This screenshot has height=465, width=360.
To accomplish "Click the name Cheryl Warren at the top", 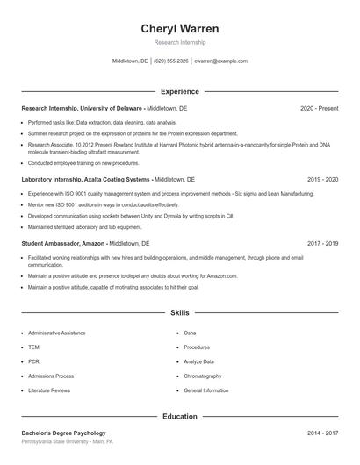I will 180,29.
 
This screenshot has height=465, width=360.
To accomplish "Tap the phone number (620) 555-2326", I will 171,61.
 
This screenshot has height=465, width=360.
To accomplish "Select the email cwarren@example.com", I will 220,61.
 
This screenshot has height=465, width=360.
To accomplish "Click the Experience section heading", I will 180,91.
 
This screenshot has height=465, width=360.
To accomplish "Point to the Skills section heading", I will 180,312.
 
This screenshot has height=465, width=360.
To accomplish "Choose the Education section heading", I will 180,416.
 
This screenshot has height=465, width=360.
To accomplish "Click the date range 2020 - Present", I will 319,108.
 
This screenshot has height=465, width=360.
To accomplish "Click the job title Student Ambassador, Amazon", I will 63,243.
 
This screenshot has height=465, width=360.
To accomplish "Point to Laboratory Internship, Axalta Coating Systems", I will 86,179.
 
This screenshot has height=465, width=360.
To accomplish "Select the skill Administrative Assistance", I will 56,333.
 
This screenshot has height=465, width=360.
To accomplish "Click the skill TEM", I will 33,347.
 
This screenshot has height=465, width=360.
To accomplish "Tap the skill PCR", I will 33,361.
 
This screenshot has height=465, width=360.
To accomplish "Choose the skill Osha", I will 190,333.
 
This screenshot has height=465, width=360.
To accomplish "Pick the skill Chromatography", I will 203,376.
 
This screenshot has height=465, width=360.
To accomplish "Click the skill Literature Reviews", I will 49,390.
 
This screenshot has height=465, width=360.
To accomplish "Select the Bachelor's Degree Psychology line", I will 63,433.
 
